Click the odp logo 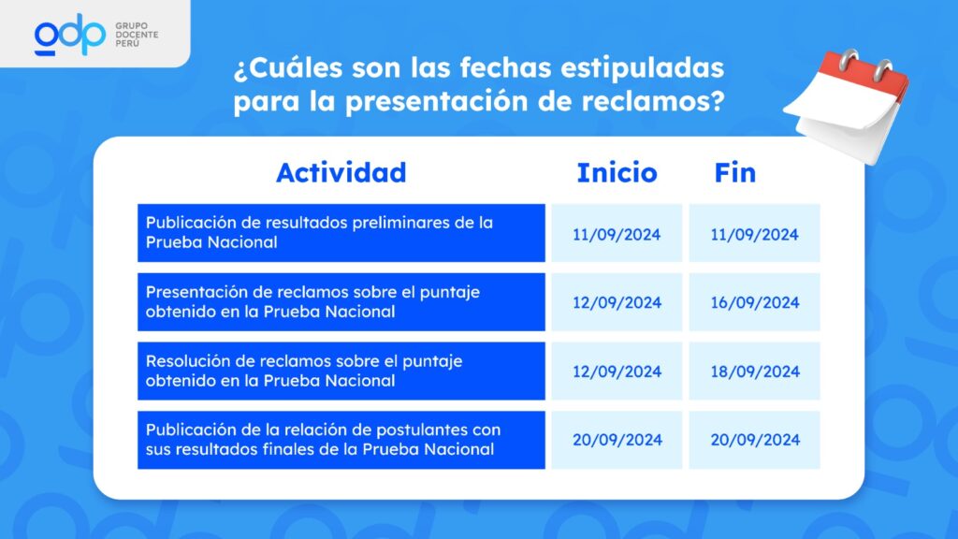click(69, 35)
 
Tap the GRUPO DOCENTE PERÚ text click(137, 35)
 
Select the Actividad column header click(341, 173)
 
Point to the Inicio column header click(617, 173)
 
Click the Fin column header click(735, 173)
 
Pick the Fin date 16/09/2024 click(755, 302)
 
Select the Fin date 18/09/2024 click(755, 371)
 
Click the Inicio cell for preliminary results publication click(617, 233)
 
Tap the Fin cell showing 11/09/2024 click(755, 233)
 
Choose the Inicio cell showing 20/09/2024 click(617, 440)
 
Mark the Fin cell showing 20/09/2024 click(755, 440)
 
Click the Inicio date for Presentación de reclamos click(617, 302)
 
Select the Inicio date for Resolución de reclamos click(617, 371)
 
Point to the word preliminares click(400, 223)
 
